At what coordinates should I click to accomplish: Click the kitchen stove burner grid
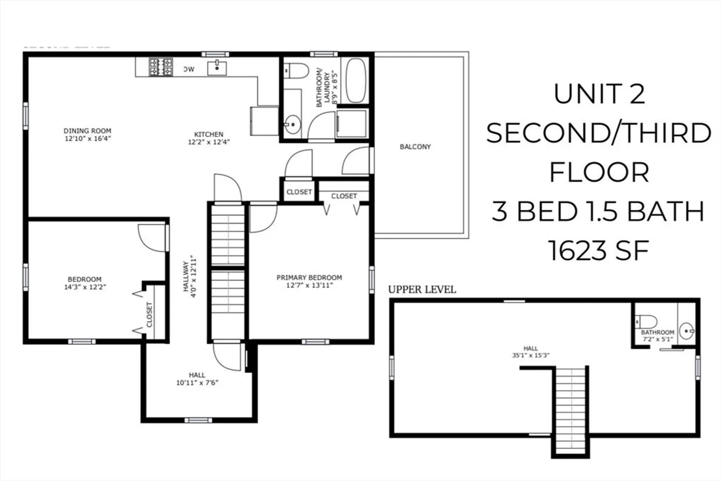coord(161,67)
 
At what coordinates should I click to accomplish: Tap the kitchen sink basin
coord(216,68)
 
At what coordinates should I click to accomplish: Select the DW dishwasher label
coord(189,69)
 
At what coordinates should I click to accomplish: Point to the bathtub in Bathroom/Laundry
coord(356,80)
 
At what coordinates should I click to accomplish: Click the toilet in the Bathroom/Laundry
coord(296,71)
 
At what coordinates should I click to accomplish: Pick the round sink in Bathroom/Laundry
coord(292,124)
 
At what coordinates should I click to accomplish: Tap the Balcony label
coord(415,147)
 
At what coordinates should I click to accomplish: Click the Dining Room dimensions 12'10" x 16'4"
coord(88,139)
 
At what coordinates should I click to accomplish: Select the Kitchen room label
coord(208,134)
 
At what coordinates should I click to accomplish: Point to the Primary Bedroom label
coord(310,277)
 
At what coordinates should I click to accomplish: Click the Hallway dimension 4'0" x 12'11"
coord(193,276)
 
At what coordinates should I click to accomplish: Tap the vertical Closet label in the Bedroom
coord(149,314)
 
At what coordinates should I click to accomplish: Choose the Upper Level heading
coord(422,289)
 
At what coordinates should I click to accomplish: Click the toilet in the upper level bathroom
coord(646,322)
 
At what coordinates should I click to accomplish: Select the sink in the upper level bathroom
coord(687,330)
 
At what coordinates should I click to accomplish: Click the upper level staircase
coord(570,411)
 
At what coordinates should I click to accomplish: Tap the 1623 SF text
coord(599,251)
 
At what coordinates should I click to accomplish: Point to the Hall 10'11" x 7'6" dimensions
coord(197,383)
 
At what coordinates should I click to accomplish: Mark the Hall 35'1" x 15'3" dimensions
coord(531,355)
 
